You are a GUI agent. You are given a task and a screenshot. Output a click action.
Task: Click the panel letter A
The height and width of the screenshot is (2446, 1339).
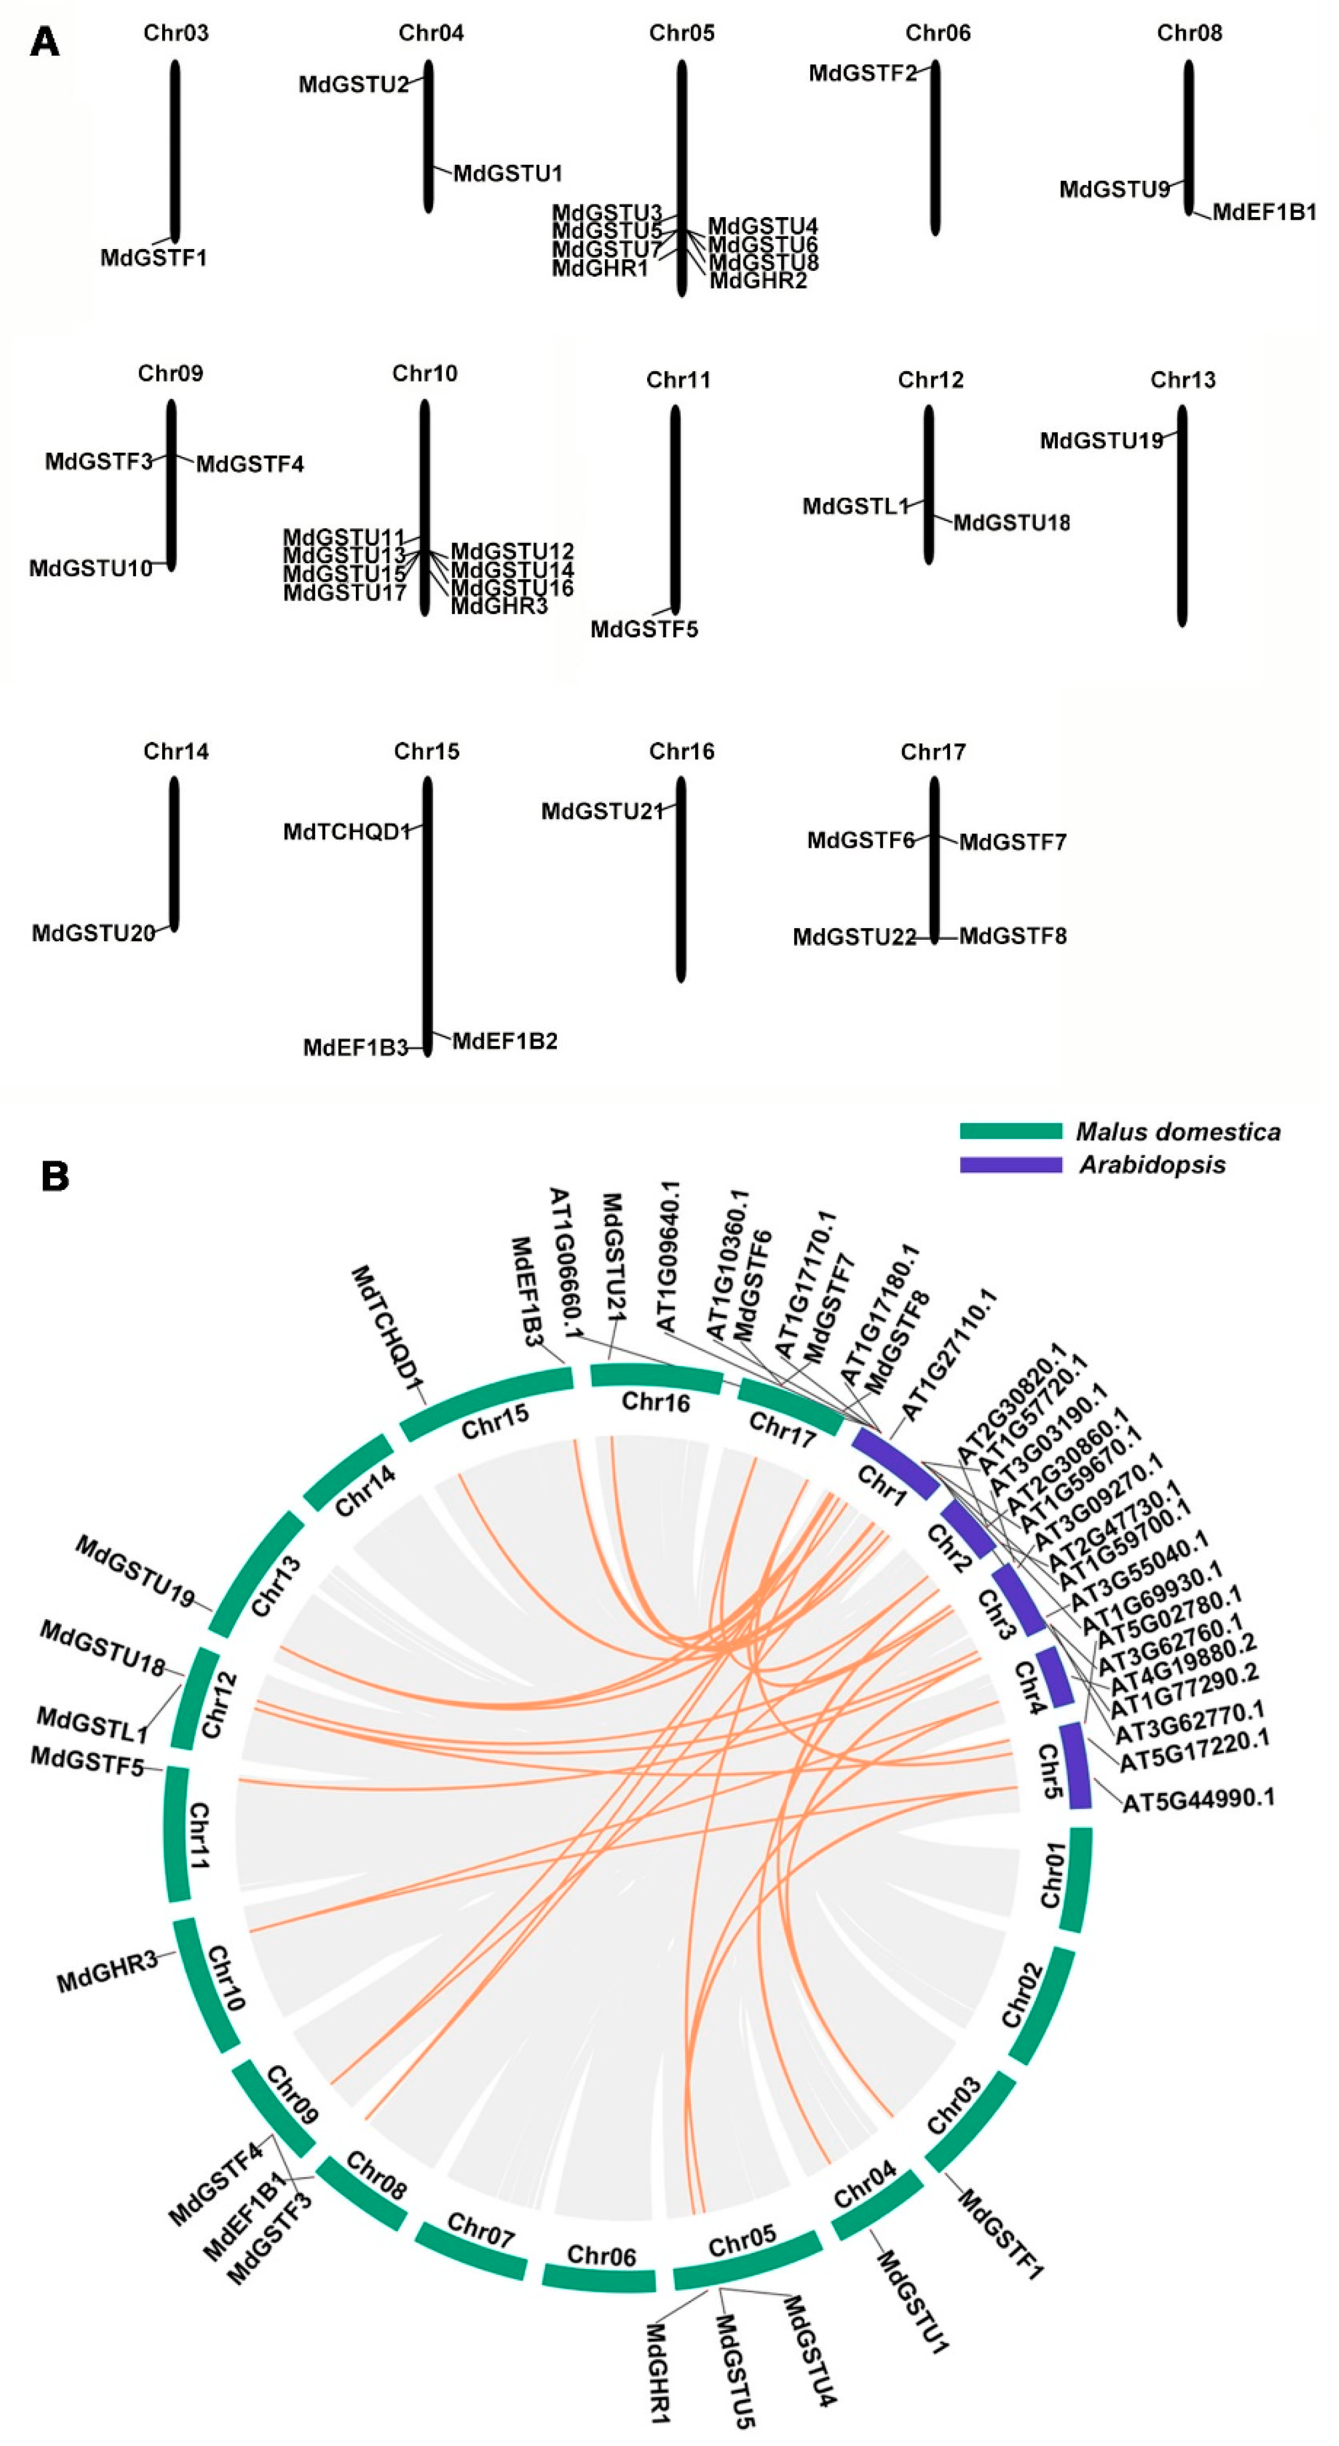click(x=45, y=43)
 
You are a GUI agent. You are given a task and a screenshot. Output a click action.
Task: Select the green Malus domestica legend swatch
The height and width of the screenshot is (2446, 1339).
click(x=1010, y=1131)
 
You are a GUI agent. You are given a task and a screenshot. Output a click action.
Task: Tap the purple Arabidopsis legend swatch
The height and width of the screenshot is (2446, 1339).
click(x=1010, y=1164)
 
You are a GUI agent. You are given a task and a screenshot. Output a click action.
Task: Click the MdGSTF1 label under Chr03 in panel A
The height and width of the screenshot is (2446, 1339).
click(x=154, y=257)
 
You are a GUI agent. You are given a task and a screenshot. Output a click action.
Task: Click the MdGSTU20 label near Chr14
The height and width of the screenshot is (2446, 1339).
click(x=93, y=933)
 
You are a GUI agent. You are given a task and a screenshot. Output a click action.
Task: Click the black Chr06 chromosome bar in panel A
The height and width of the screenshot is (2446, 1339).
click(x=935, y=147)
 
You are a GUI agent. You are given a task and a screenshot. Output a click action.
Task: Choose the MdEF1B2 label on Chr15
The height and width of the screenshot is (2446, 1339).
click(x=504, y=1042)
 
